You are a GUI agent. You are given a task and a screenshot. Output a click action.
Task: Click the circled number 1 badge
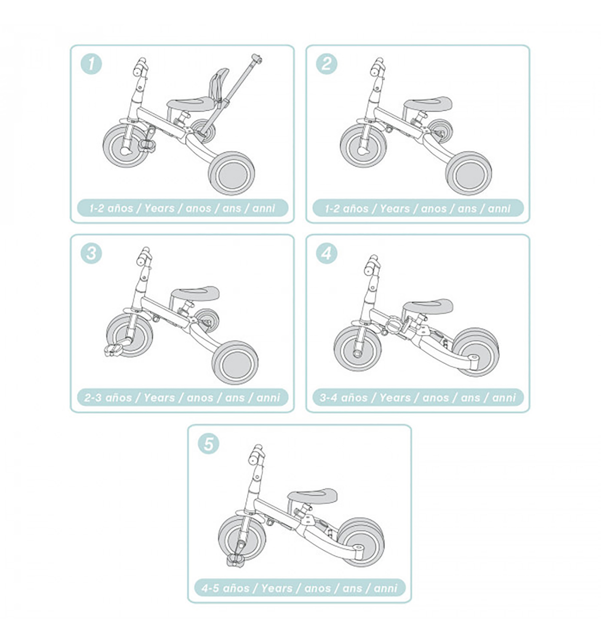tap(91, 64)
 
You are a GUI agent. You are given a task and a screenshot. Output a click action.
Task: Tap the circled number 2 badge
tap(326, 64)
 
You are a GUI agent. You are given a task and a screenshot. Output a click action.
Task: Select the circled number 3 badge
tap(91, 253)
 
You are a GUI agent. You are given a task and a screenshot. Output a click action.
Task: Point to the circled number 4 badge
tap(326, 253)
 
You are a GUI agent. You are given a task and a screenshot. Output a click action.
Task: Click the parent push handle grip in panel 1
tap(257, 59)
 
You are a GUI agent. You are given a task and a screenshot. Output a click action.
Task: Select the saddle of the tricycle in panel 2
tap(428, 104)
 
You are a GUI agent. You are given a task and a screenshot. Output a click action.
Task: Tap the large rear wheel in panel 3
tap(235, 362)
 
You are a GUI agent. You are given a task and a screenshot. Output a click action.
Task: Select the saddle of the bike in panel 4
tap(428, 305)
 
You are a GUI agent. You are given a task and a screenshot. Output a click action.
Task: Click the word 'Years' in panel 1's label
tap(160, 208)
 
